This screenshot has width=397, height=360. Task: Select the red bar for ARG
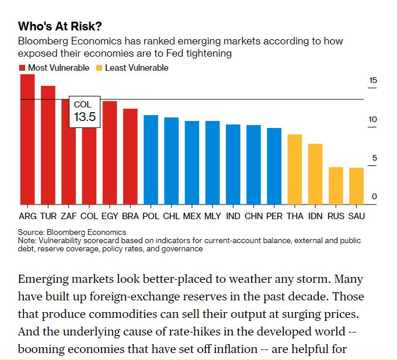point(27,140)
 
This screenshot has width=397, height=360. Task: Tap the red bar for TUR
point(48,146)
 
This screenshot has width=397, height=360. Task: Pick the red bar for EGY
point(110,153)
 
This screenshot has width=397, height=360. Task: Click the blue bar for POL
point(151,160)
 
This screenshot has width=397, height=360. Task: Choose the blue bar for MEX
point(192,163)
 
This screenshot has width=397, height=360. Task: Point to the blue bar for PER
point(274,167)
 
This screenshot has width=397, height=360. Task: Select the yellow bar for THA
point(295,169)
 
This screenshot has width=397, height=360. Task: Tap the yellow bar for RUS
point(336,186)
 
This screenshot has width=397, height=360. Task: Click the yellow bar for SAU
point(356,186)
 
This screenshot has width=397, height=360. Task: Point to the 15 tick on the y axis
point(373,81)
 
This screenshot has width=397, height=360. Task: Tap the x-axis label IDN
point(315,216)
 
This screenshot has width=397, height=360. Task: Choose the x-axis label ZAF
point(69,216)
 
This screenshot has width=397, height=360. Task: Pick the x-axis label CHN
point(253,216)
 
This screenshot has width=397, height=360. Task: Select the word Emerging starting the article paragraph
point(47,279)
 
